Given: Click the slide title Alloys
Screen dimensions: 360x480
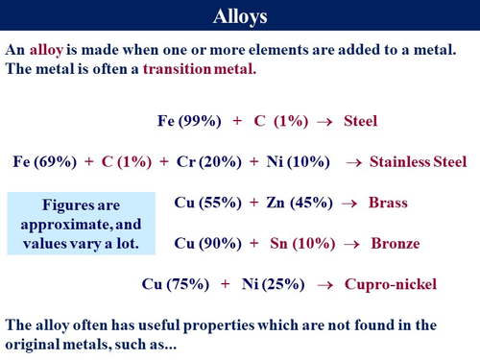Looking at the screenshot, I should point(240,16).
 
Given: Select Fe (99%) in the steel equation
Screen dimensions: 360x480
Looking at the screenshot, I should point(189,121).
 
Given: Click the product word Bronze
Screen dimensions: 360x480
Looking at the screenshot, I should point(392,243).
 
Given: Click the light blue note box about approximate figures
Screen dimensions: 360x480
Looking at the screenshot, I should point(80,224).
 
